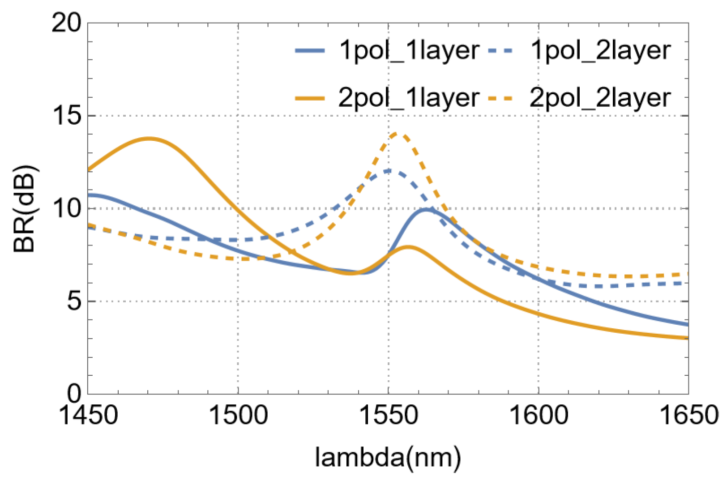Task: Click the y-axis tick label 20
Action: [66, 23]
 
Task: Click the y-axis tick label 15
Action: [66, 116]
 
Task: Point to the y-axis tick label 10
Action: [66, 208]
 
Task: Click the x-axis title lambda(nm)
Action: [388, 457]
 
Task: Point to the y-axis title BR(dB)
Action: [25, 208]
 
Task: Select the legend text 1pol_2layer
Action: [600, 51]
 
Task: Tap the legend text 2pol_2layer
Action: [600, 98]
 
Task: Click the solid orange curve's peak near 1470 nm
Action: [149, 138]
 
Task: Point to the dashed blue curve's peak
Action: [388, 170]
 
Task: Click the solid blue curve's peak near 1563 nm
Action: [426, 209]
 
